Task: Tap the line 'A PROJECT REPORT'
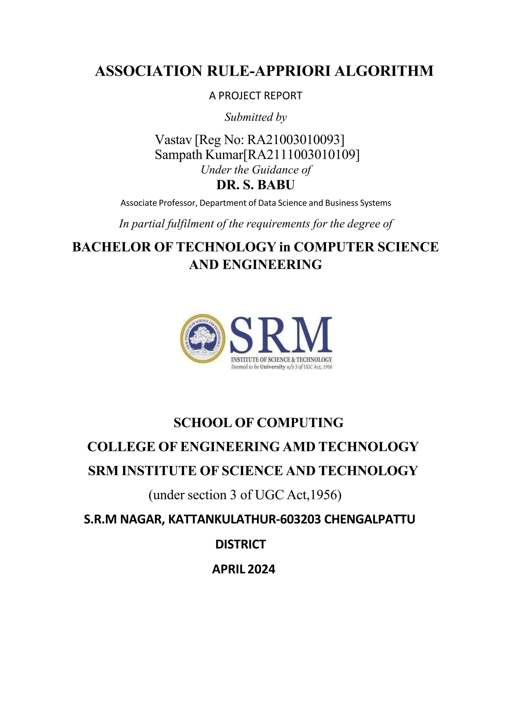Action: (255, 96)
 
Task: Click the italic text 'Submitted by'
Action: (255, 117)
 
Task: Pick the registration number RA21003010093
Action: (295, 139)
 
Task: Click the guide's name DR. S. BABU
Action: (255, 185)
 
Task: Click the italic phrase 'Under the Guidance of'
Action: (256, 170)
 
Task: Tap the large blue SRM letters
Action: (281, 335)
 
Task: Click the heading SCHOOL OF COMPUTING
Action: (259, 423)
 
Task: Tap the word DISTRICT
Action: (240, 544)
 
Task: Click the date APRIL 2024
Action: (243, 569)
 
